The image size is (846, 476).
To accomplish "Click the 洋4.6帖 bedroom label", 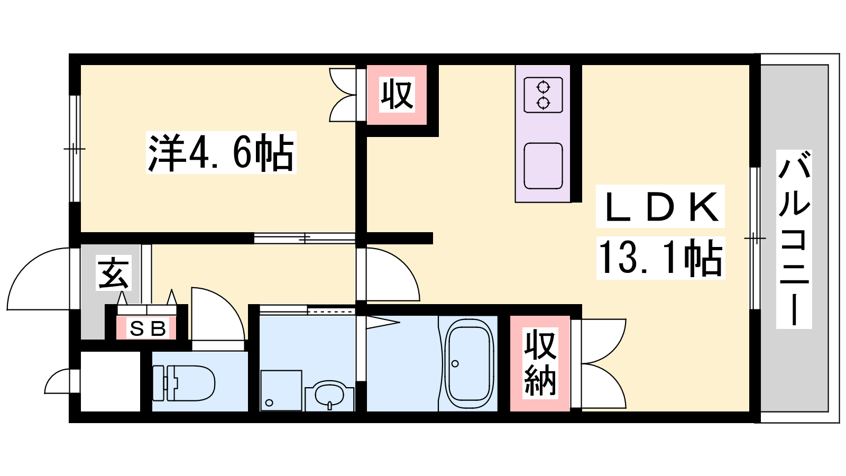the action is (221, 153).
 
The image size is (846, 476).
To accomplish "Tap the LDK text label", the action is (660, 206).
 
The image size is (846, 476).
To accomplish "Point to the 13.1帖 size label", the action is (660, 258).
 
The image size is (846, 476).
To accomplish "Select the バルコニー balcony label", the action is (794, 239).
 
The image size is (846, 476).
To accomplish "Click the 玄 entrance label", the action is (113, 273).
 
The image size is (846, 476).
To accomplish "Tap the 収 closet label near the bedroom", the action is (397, 95).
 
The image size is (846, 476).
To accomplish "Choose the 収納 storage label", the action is (540, 363).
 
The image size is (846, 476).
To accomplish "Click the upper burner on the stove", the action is (543, 87).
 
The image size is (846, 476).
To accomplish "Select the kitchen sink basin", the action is (543, 166).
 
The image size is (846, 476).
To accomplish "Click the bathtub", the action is (469, 363).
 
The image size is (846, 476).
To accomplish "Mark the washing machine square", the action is (281, 391).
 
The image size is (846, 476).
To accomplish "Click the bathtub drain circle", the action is (455, 364).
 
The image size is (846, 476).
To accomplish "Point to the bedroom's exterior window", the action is (75, 149).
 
